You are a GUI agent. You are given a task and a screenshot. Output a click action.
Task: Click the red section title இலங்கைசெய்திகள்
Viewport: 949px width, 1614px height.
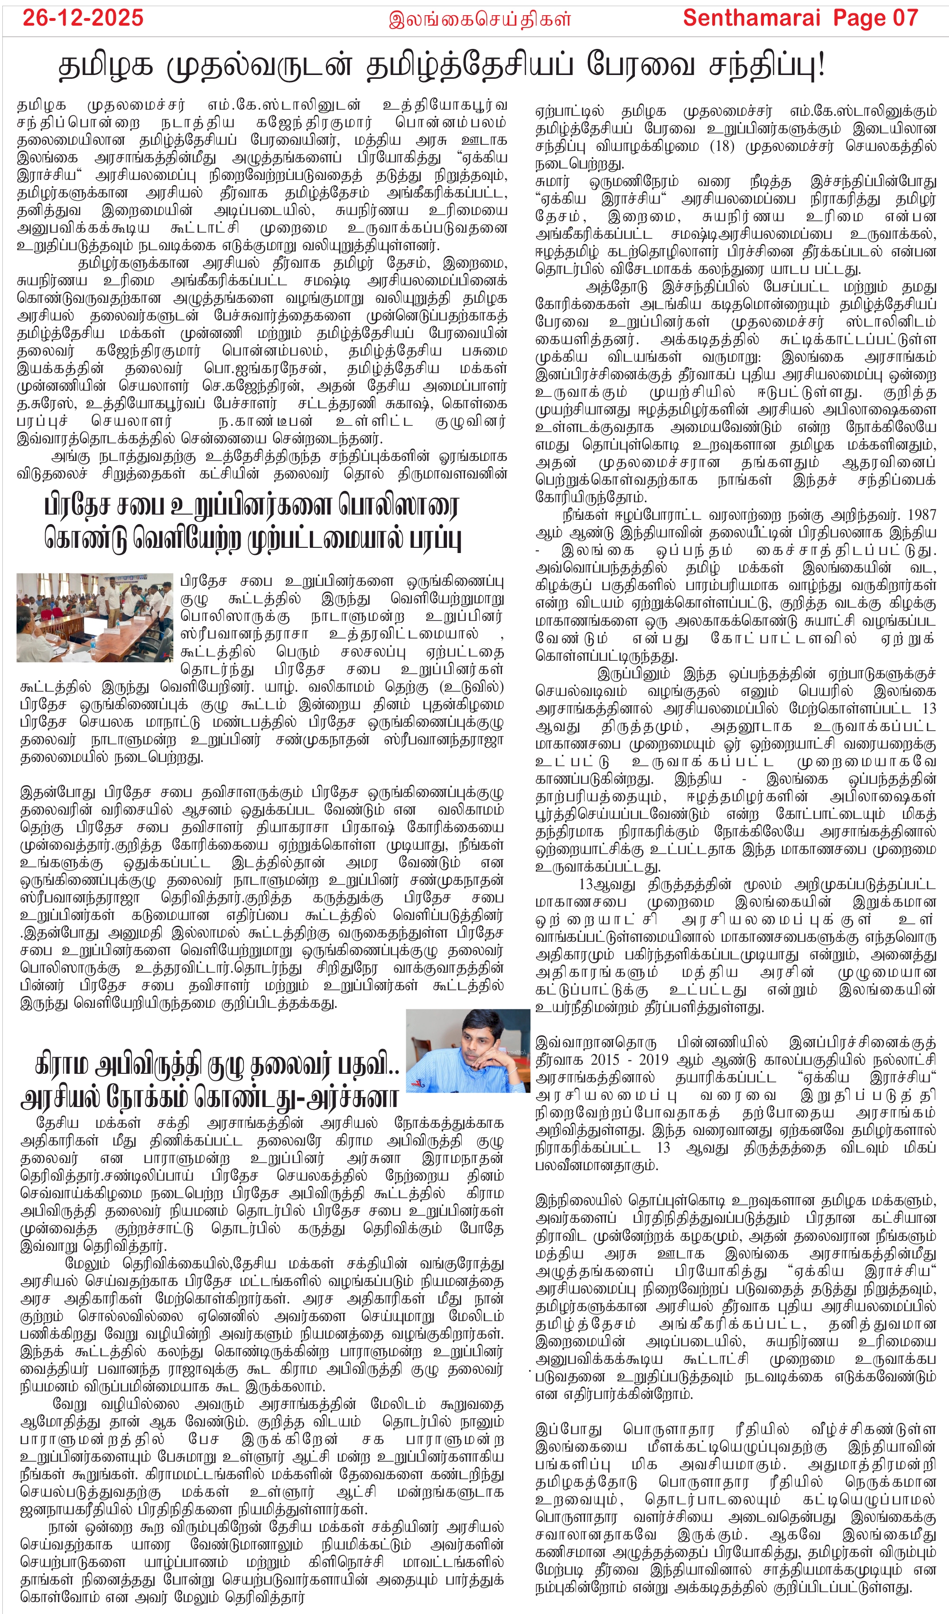pyautogui.click(x=480, y=19)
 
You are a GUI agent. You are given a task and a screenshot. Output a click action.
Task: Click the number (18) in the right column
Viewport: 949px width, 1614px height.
pyautogui.click(x=722, y=145)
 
